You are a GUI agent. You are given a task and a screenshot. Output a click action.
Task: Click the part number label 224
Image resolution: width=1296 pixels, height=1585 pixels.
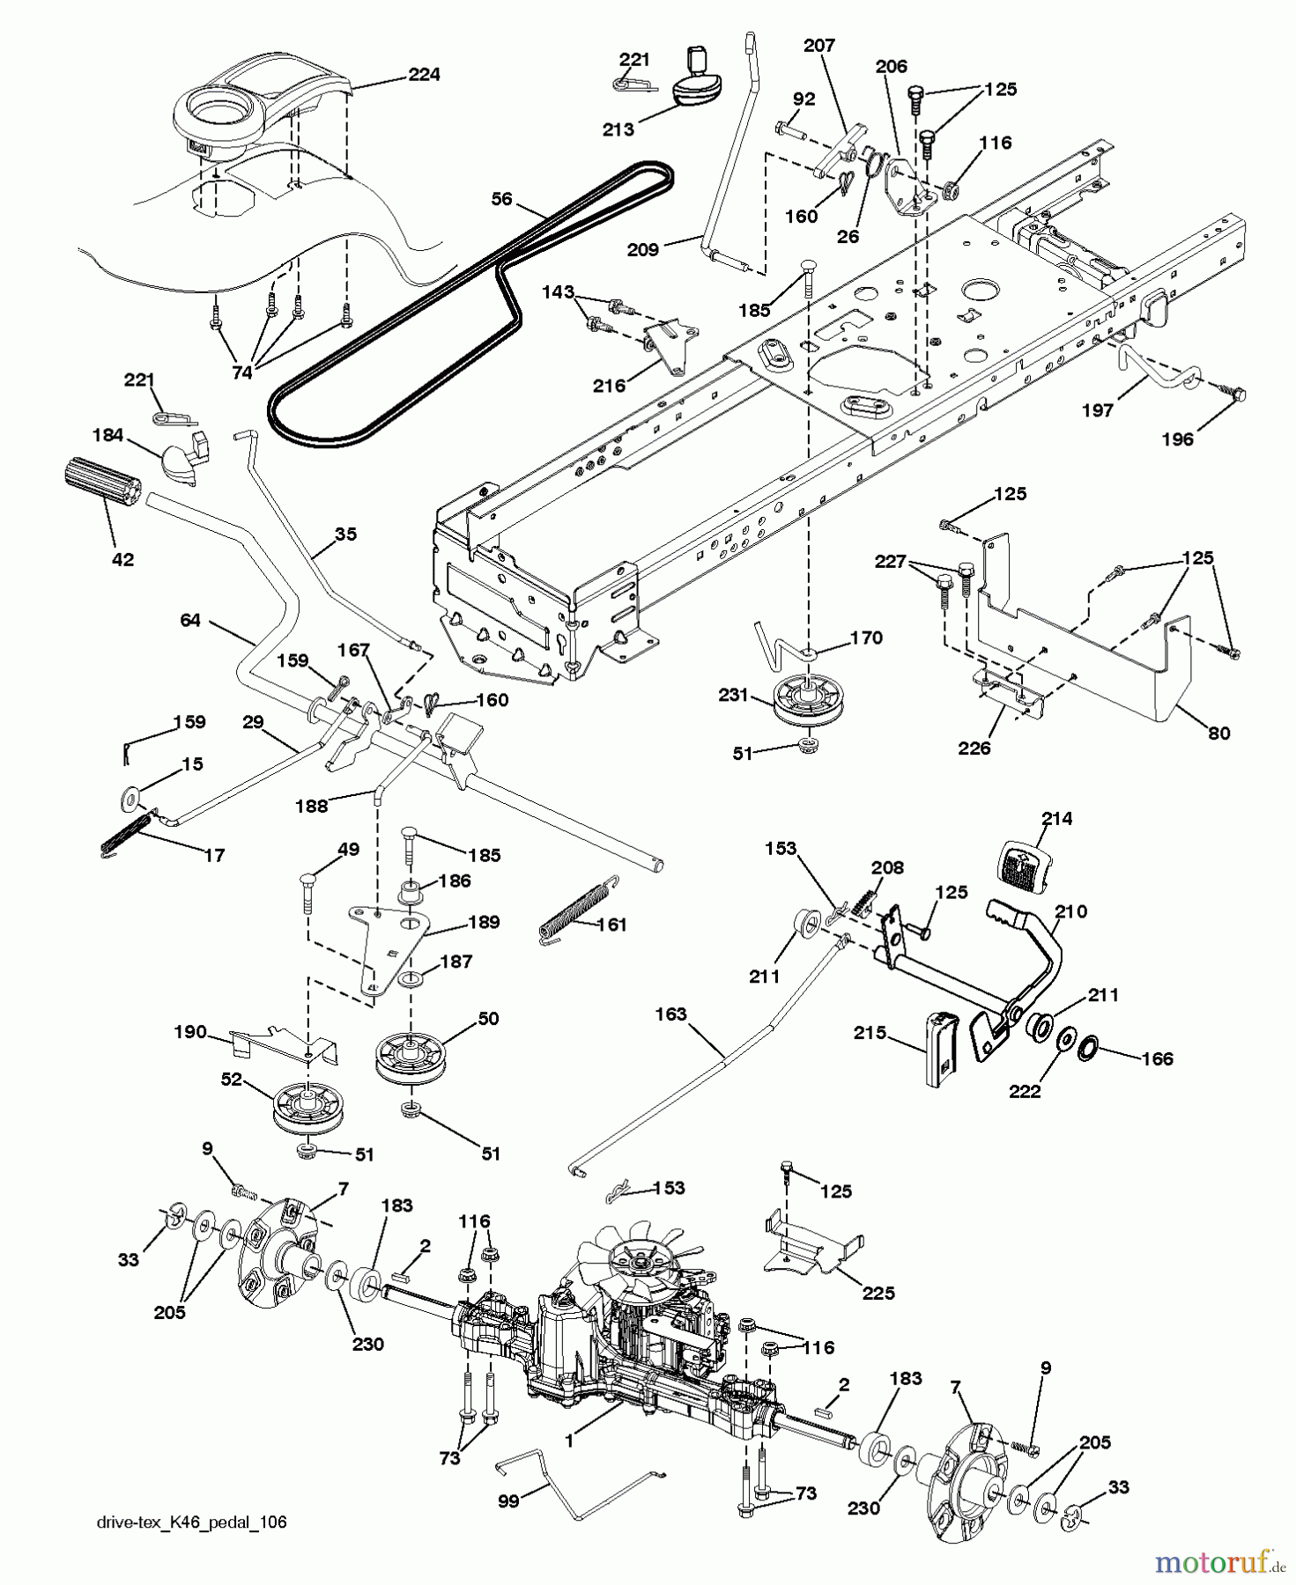pos(424,75)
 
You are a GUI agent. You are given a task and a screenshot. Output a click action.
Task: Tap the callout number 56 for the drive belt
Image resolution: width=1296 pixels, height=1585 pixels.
pos(501,199)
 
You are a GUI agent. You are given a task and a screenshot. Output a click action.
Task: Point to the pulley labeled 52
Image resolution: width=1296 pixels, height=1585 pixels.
pos(305,1109)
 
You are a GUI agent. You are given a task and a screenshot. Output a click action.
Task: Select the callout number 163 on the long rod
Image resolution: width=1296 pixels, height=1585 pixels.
pos(671,1014)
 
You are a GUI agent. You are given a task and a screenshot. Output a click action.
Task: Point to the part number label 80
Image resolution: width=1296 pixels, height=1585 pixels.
pos(1218,732)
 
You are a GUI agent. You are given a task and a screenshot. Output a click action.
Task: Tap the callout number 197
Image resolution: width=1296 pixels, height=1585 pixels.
pos(1098,410)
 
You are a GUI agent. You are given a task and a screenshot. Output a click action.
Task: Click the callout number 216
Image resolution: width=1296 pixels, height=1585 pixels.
pos(610,385)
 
